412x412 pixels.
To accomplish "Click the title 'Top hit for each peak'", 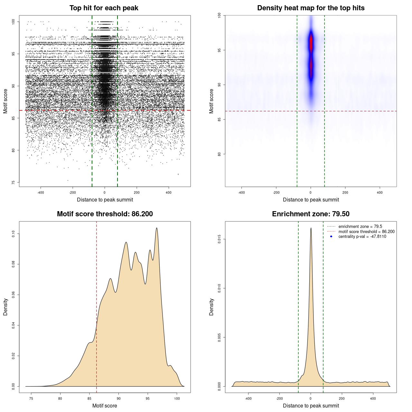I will pyautogui.click(x=104, y=8).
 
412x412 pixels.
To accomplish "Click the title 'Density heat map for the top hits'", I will pyautogui.click(x=311, y=8).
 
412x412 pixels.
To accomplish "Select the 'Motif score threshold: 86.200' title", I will pyautogui.click(x=105, y=214).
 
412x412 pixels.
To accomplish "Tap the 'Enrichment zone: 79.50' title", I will pyautogui.click(x=311, y=214).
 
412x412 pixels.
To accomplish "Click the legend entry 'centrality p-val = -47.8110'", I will pyautogui.click(x=362, y=237).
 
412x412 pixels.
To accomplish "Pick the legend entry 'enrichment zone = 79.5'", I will pyautogui.click(x=360, y=227).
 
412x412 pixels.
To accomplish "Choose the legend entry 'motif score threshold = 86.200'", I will pyautogui.click(x=366, y=232).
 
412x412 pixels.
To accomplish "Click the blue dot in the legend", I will pyautogui.click(x=331, y=237).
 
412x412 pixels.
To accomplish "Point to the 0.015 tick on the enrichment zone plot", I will pyautogui.click(x=220, y=239).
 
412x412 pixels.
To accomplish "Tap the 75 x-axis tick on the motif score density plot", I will pyautogui.click(x=31, y=399).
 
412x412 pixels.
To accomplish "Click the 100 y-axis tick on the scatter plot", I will pyautogui.click(x=14, y=22).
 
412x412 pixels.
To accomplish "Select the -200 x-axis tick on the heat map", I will pyautogui.click(x=276, y=192).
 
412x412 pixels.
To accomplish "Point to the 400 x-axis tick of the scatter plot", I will pyautogui.click(x=169, y=192).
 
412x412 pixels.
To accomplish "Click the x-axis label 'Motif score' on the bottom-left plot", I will pyautogui.click(x=105, y=406).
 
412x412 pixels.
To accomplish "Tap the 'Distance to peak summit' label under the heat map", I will pyautogui.click(x=311, y=200).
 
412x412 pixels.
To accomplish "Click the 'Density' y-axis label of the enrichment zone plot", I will pyautogui.click(x=211, y=307).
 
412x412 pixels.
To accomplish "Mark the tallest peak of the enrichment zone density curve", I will pyautogui.click(x=311, y=228).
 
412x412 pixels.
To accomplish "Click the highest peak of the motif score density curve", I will pyautogui.click(x=157, y=228).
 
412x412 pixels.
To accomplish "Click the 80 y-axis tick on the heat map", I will pyautogui.click(x=220, y=154).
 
